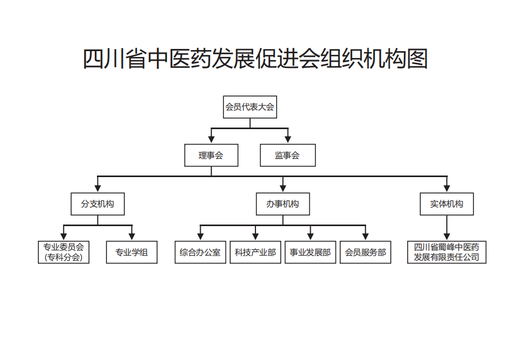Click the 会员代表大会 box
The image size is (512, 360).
(250, 107)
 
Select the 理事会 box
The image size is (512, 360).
(211, 155)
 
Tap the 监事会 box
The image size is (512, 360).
(288, 155)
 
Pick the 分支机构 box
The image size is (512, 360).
(97, 204)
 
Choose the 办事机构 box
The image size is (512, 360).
(283, 204)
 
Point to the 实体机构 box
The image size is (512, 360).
(447, 204)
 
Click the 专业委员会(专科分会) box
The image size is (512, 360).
(64, 252)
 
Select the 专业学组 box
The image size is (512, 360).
(132, 252)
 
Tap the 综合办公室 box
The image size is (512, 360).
(200, 252)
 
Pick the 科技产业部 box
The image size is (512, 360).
(255, 252)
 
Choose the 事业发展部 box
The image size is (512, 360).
(310, 252)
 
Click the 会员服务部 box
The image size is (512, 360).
(366, 252)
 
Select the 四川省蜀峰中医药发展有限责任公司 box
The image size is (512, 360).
(447, 252)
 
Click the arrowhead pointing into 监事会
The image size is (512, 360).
(288, 140)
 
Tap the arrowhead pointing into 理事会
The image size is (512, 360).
(211, 140)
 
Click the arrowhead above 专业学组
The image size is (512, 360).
(132, 237)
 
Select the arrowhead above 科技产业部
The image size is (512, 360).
(255, 237)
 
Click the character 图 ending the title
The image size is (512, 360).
(417, 59)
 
